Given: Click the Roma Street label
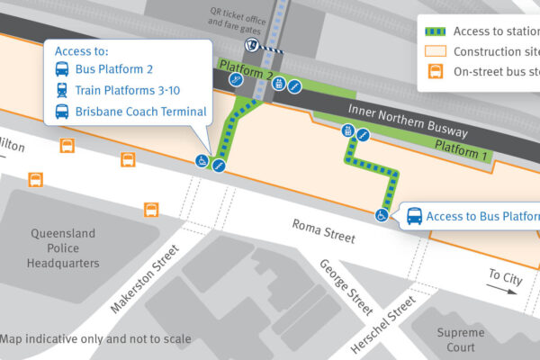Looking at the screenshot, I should [324, 231].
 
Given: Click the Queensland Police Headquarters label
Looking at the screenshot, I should [64, 247].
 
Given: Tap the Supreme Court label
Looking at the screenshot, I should [460, 340].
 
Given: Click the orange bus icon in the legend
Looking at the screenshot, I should [436, 72].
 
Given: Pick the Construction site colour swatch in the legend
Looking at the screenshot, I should [436, 51].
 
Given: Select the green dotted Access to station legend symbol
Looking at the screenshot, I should [436, 31].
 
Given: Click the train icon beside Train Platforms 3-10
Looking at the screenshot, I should [62, 90].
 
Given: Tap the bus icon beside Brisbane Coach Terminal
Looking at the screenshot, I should [62, 112].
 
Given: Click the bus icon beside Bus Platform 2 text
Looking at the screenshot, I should [62, 69].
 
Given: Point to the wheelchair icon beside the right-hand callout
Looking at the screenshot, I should [382, 215].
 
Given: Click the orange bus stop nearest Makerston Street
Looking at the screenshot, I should [151, 210].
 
